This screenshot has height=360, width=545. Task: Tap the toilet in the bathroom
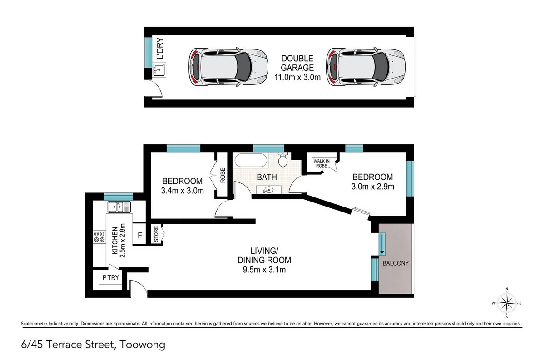283,160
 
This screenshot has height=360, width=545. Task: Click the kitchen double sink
119,207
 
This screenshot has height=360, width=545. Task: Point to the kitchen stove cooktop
99,237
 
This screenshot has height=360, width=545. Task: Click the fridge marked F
140,236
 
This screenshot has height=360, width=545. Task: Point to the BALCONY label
396,263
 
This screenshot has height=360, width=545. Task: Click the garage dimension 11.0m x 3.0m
297,77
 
